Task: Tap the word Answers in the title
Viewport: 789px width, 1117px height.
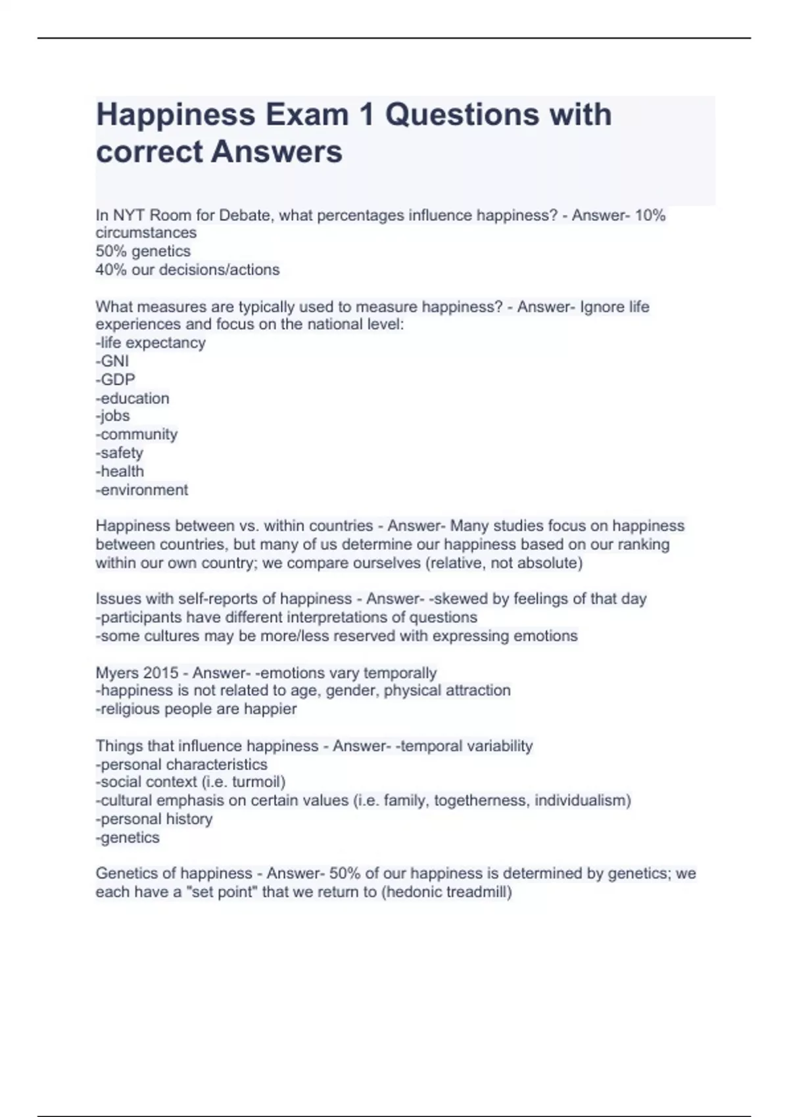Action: pos(277,152)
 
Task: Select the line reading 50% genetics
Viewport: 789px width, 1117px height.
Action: pos(143,251)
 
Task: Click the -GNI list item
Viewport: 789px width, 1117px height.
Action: pos(112,361)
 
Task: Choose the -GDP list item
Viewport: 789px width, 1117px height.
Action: pos(116,379)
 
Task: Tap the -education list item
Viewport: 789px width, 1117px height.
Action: pos(133,398)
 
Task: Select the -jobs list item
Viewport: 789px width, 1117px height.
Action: pos(113,416)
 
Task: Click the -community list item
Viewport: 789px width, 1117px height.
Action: pos(137,434)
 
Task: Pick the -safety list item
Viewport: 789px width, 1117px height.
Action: pos(120,453)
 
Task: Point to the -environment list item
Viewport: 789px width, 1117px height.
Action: pos(142,490)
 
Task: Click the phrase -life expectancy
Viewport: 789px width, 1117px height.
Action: pos(151,343)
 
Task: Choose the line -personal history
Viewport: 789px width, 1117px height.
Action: pos(155,819)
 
